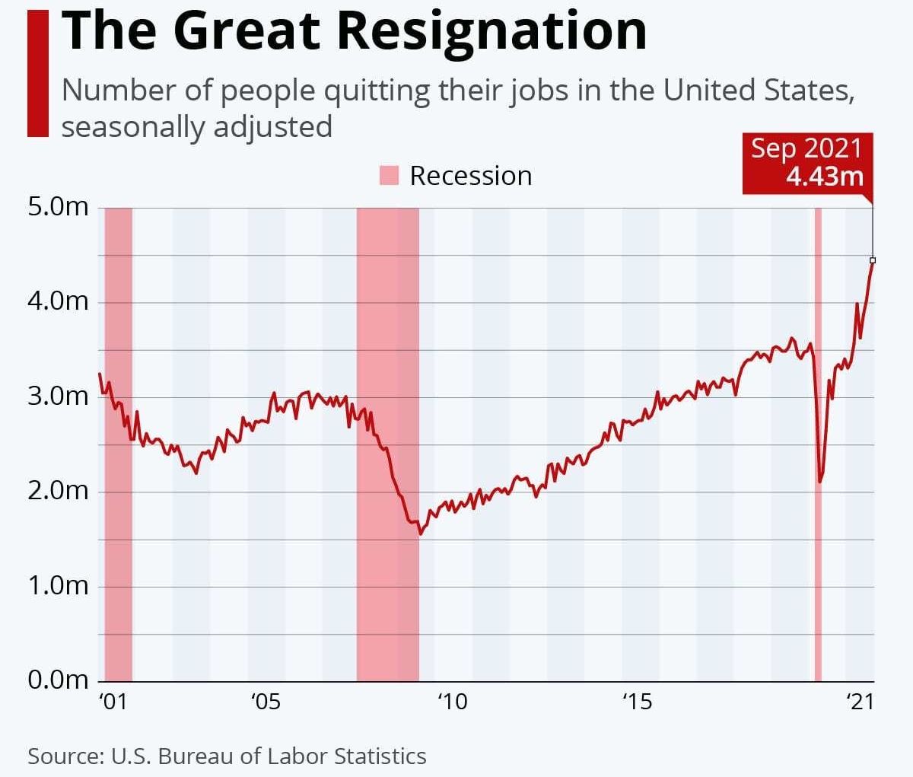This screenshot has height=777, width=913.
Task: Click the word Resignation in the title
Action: [x=491, y=30]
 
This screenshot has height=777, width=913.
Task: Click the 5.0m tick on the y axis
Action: [x=59, y=207]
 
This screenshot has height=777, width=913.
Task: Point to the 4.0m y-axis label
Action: [x=59, y=301]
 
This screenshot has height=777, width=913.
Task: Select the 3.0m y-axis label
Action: [x=59, y=396]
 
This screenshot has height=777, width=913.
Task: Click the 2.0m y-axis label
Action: [x=59, y=491]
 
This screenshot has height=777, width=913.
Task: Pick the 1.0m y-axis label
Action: [x=59, y=586]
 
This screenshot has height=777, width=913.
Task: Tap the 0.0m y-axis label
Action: [x=59, y=680]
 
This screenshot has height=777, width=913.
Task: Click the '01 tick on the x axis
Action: [x=113, y=702]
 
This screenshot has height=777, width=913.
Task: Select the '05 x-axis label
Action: [x=266, y=702]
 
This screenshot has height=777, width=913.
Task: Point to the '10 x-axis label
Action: [x=452, y=702]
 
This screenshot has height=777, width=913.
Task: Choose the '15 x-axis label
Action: [x=638, y=702]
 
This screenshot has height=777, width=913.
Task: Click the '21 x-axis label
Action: [x=860, y=702]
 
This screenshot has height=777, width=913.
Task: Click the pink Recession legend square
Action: [x=389, y=176]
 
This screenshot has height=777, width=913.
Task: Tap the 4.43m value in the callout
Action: [x=825, y=177]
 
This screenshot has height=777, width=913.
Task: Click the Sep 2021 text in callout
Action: [x=806, y=148]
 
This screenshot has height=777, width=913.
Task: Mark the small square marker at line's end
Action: [x=873, y=260]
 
